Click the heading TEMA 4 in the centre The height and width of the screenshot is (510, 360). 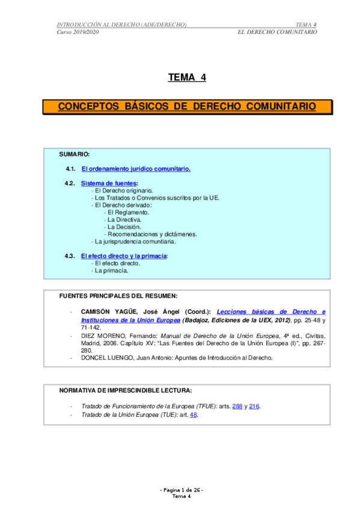click(187, 77)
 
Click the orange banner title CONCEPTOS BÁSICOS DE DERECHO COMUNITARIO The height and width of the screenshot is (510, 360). click(187, 106)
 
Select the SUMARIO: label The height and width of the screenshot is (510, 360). click(75, 155)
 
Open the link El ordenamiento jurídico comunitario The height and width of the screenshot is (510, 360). click(136, 169)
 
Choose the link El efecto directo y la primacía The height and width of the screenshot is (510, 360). click(124, 256)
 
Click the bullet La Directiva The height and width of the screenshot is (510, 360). click(124, 220)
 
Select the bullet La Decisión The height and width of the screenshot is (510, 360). click(124, 227)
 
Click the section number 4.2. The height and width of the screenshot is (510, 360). click(70, 183)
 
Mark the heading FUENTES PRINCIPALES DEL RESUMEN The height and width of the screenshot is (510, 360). click(118, 295)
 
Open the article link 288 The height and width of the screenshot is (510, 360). click(237, 406)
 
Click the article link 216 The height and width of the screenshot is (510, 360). click(255, 406)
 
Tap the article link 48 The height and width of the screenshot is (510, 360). click(194, 414)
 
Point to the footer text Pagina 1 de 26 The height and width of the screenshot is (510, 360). click(182, 491)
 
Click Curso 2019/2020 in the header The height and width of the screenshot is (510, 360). click(78, 31)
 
